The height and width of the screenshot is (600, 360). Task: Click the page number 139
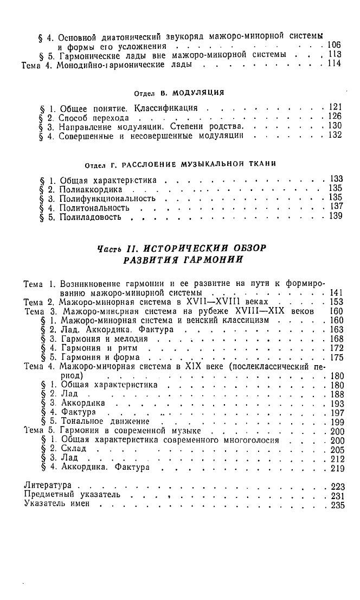click(336, 216)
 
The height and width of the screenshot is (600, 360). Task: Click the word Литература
click(49, 486)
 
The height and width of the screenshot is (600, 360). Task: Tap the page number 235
click(337, 504)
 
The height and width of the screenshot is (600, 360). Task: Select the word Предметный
click(50, 495)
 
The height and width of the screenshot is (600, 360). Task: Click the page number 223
click(337, 486)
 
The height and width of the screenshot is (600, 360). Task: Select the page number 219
click(337, 468)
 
